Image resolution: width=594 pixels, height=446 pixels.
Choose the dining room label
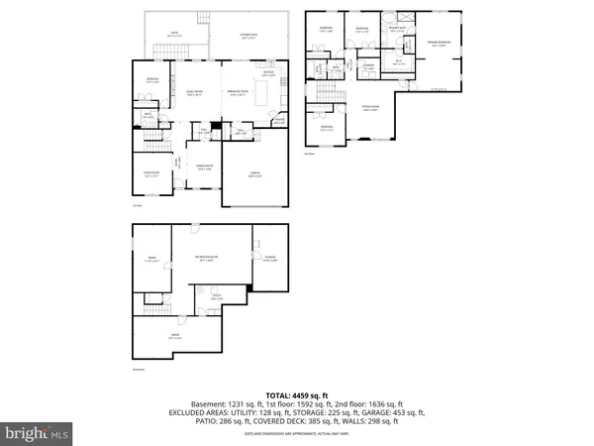coord(205,167)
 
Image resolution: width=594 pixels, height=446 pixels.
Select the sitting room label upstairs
coord(372,110)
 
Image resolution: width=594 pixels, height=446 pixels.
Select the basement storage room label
coord(269,260)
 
